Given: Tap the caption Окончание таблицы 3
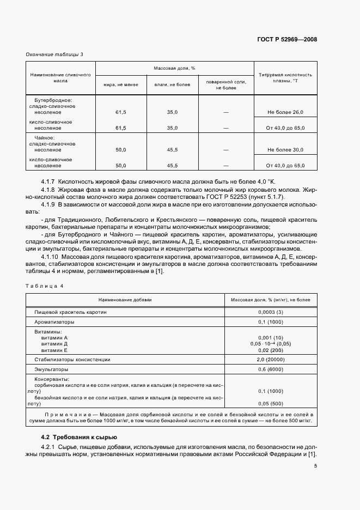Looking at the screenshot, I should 54,54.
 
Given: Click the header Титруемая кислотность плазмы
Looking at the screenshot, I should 285,77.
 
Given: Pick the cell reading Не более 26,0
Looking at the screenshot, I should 285,112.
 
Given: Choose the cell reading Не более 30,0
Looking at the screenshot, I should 285,149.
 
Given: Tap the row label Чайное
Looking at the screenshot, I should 45,138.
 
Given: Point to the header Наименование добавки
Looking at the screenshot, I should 125,300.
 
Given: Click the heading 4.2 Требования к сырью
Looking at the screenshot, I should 78,438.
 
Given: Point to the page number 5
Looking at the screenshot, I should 315,465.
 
